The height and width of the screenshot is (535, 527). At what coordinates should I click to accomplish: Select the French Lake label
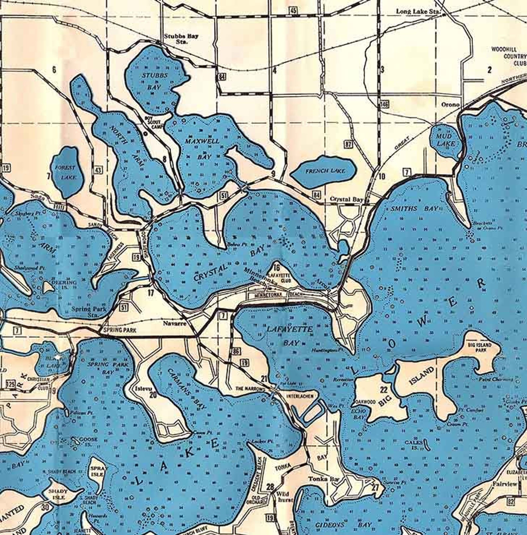point(325,171)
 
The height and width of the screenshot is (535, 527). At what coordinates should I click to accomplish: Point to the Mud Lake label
point(444,140)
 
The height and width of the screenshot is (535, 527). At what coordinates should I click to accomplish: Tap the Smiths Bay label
point(414,209)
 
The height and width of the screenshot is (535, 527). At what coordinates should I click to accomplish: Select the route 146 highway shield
point(384,104)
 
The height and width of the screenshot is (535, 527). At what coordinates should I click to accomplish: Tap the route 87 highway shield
point(348,144)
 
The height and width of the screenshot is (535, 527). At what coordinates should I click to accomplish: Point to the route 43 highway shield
point(98,170)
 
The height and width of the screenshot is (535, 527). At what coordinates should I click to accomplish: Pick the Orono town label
point(450,104)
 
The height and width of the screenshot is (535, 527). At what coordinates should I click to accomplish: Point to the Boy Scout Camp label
point(153,122)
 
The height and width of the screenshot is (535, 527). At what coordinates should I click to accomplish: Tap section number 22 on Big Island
point(384,389)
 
